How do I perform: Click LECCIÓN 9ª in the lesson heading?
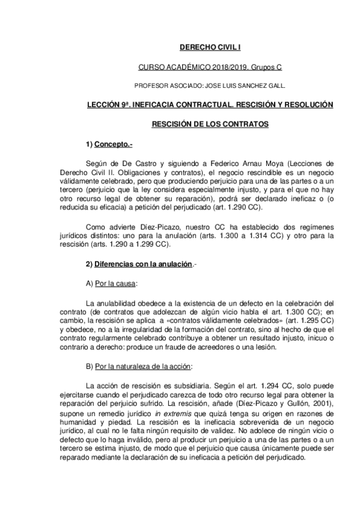[108, 105]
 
